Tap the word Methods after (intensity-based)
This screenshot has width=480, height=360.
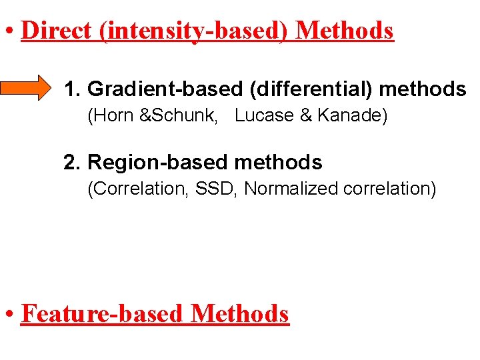344,31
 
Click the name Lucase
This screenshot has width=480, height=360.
265,115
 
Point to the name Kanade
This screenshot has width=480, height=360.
349,115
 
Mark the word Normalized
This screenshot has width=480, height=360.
291,189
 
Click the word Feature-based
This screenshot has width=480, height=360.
102,313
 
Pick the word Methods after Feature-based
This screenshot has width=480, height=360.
240,313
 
